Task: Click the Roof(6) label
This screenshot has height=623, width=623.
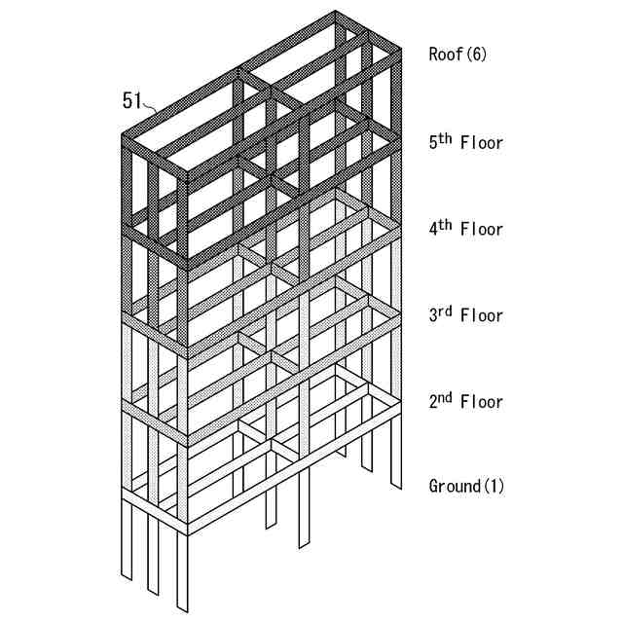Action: click(458, 55)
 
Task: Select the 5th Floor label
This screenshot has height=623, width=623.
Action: click(466, 142)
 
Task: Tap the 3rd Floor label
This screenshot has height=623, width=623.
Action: click(466, 315)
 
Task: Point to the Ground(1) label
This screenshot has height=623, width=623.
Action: click(466, 486)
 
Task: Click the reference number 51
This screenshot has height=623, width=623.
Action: click(132, 99)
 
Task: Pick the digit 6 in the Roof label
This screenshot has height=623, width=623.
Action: click(476, 55)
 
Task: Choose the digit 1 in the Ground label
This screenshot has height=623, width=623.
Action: click(495, 486)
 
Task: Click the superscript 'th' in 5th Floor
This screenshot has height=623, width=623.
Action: click(445, 137)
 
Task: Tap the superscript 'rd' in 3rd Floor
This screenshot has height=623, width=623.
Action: click(446, 311)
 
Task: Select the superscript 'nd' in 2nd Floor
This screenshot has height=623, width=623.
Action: click(446, 397)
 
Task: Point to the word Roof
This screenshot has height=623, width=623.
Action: click(446, 55)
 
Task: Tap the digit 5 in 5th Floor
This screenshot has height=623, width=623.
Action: click(434, 143)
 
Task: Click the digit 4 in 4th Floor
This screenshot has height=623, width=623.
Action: click(434, 230)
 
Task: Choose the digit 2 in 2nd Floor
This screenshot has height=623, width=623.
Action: click(434, 402)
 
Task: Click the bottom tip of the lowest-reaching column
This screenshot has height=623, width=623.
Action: click(182, 608)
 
